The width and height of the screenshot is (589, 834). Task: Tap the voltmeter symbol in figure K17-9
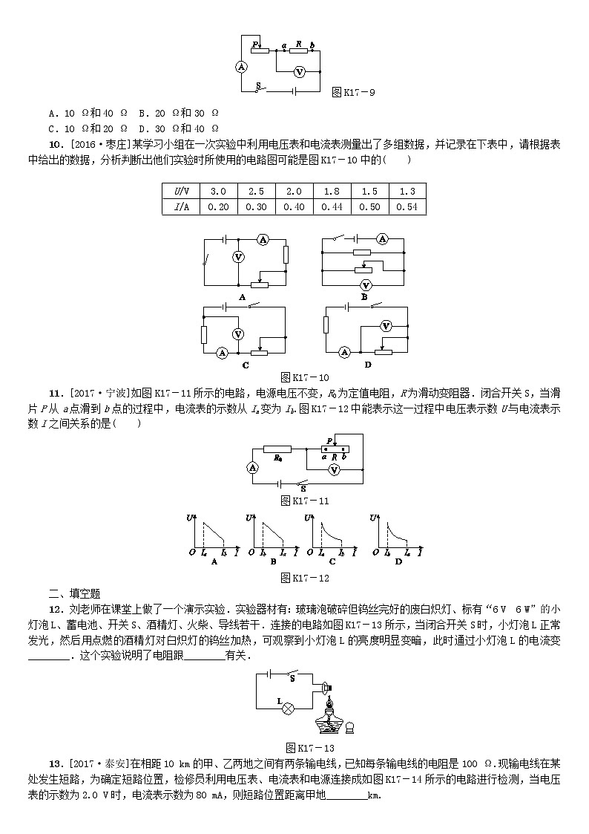point(299,72)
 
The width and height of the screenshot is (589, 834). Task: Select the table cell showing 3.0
point(218,191)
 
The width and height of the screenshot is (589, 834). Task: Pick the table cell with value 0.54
point(407,206)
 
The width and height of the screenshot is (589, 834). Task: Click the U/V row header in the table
point(180,191)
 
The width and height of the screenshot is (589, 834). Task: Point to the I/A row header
point(180,206)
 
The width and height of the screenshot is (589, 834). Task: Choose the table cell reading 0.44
point(332,206)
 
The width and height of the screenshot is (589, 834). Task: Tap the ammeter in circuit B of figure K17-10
point(382,239)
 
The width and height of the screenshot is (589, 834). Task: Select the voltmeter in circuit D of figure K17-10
point(386,325)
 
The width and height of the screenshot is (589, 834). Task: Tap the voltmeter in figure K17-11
point(335,470)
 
